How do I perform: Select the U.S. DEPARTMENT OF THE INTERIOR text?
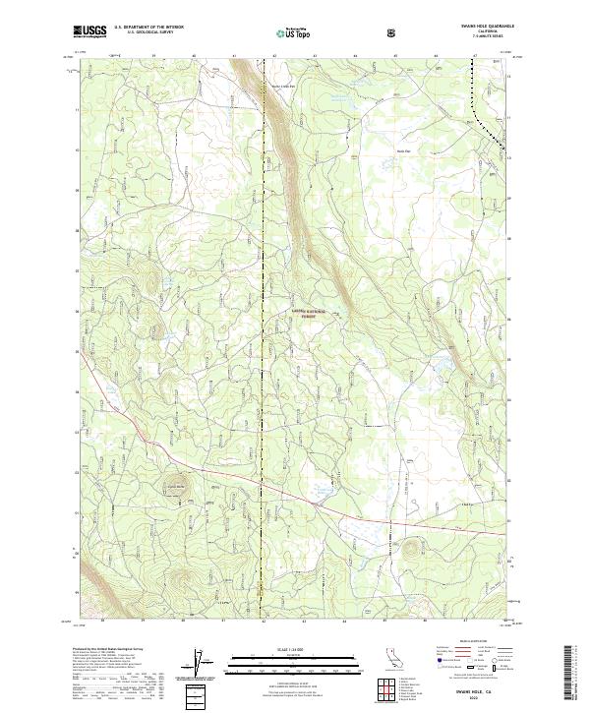147,28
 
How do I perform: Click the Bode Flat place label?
402,150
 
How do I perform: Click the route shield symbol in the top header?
393,32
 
